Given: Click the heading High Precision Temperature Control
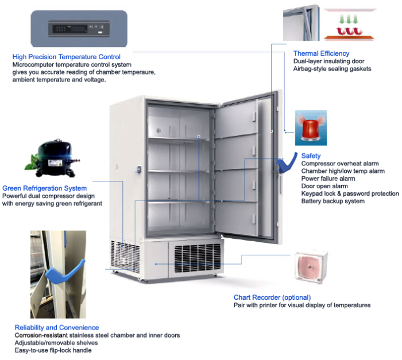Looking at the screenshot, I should click(x=66, y=57).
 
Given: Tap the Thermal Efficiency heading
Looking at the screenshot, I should click(x=321, y=54).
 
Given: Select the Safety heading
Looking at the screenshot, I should click(x=311, y=156).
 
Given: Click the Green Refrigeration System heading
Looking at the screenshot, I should click(x=45, y=188).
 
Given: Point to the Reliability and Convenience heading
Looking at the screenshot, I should click(x=56, y=327).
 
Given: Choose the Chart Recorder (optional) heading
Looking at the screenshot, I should click(x=272, y=297).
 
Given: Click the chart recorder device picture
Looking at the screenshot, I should click(x=311, y=268).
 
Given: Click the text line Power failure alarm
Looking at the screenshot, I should click(x=328, y=179).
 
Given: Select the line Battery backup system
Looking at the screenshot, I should click(x=333, y=201).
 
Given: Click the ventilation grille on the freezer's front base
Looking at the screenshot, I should click(x=196, y=260).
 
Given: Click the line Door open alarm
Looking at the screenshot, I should click(x=324, y=186).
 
